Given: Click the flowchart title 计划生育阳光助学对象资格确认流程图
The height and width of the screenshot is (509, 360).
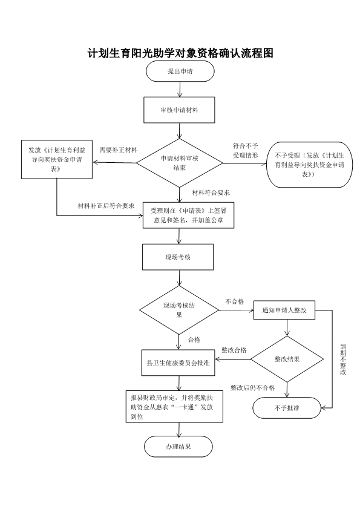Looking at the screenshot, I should point(180,53).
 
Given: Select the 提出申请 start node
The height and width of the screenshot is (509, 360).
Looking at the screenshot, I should point(179,71).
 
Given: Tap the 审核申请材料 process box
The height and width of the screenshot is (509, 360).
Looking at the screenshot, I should point(179,111).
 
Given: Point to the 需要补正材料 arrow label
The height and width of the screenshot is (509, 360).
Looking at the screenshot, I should point(118,149).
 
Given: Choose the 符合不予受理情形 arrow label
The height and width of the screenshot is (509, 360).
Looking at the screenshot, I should point(245,150).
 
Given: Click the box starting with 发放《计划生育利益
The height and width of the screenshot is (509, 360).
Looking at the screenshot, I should point(57,160).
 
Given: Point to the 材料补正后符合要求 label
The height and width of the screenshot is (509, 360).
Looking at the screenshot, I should point(106,206).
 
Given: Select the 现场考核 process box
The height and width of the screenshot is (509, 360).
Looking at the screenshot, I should point(178,257).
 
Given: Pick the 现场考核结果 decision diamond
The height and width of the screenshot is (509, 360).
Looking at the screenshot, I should point(179,310).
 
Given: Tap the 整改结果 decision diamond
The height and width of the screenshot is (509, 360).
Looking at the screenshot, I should point(287,359).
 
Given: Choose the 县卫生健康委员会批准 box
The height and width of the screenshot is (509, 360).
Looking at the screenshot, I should point(178,363).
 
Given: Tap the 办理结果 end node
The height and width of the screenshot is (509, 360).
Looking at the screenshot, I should point(178,447).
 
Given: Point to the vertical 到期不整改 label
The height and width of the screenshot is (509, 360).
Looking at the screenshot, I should point(342,359).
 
